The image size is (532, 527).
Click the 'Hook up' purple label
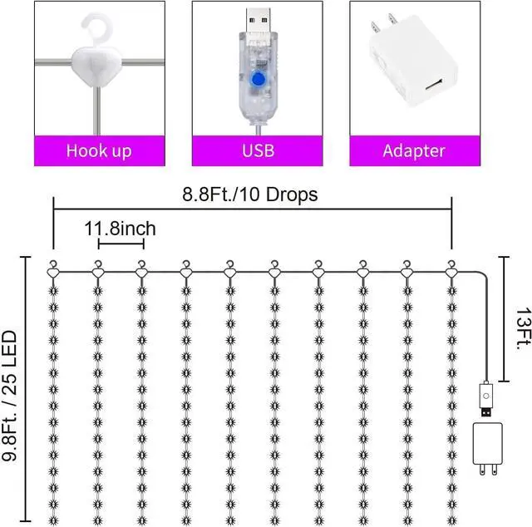[99, 150]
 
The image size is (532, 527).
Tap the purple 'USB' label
[257, 150]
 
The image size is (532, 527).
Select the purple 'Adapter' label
[414, 150]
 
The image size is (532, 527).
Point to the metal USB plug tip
[255, 17]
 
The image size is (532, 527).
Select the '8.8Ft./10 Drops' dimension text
[251, 194]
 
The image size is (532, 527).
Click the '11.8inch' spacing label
[121, 228]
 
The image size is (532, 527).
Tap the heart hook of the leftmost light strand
[53, 269]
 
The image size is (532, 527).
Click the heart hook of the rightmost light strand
[451, 269]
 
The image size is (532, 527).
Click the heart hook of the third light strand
[141, 269]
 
